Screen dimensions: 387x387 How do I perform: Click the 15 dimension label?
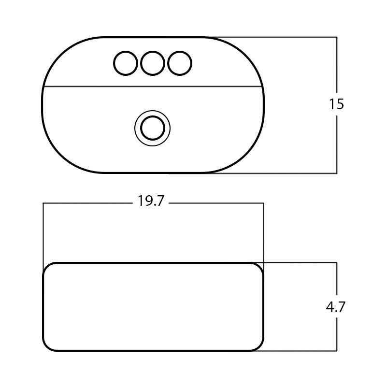(336, 104)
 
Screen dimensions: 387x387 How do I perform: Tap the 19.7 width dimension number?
(151, 201)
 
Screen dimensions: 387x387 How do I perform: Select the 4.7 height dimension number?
(336, 307)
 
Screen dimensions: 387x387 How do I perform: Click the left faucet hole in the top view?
(126, 63)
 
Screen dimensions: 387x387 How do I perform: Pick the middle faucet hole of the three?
(153, 63)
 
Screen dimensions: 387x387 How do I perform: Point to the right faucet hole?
(180, 63)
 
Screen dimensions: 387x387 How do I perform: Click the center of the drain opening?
(153, 128)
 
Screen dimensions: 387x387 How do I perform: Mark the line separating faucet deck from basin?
(153, 87)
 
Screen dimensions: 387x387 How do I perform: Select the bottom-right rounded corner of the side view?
(259, 346)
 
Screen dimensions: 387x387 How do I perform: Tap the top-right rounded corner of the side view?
(259, 267)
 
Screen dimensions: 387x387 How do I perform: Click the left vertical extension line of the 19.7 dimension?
(43, 232)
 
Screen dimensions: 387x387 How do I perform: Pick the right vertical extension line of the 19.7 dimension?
(263, 232)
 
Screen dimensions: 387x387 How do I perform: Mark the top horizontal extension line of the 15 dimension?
(290, 37)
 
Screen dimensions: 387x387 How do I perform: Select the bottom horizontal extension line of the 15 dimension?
(290, 173)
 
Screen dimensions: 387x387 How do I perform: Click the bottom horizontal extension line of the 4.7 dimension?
(300, 350)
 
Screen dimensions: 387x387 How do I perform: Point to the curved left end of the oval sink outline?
(43, 105)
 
